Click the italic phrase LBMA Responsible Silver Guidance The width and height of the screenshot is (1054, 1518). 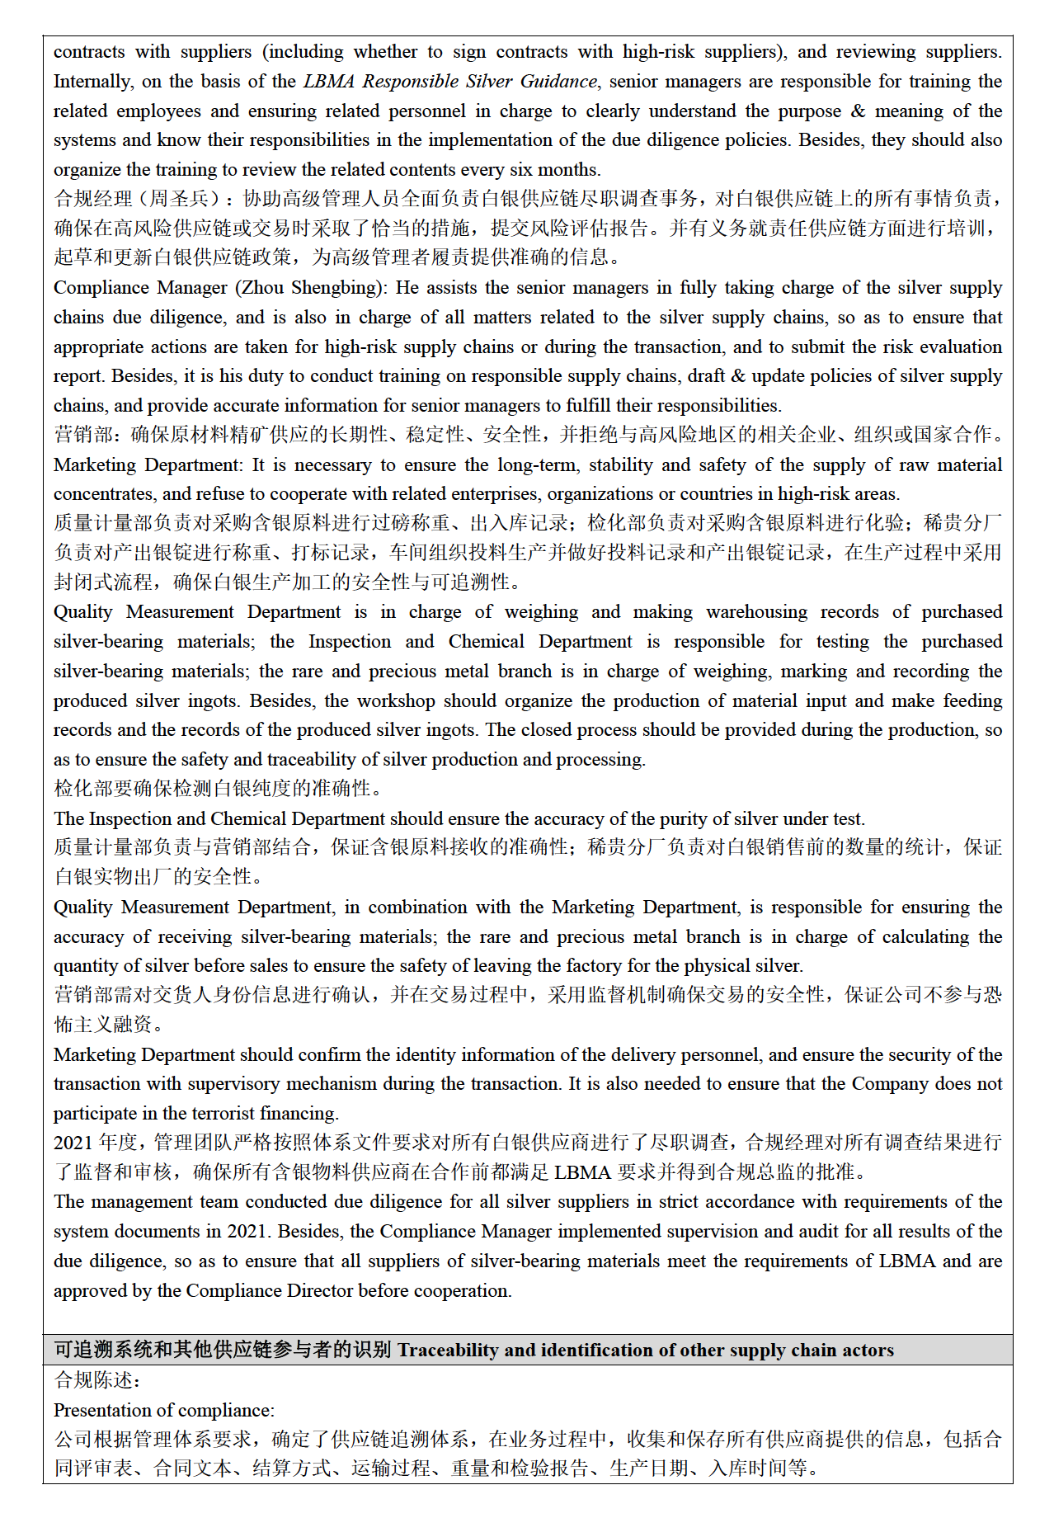point(449,82)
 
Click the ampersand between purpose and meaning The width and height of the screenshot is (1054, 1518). point(859,111)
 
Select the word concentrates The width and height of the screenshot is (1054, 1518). point(103,494)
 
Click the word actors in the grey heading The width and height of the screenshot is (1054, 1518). point(867,1351)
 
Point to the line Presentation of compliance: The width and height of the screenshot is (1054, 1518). point(164,1411)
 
